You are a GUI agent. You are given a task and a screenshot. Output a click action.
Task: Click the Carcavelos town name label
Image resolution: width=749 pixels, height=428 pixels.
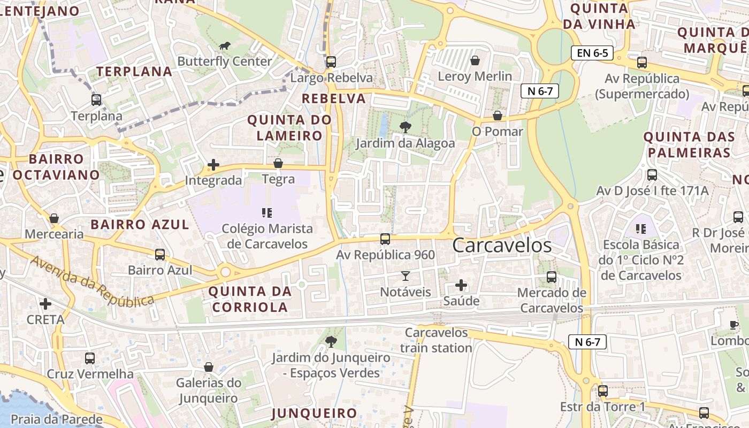[x=502, y=245]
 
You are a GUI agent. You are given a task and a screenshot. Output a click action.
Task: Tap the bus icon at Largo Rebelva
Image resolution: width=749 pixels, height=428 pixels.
[x=331, y=62]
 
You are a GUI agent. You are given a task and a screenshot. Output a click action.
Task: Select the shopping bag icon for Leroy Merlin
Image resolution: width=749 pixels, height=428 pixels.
[x=475, y=60]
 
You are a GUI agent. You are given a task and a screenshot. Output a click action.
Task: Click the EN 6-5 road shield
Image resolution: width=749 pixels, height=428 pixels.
[x=592, y=53]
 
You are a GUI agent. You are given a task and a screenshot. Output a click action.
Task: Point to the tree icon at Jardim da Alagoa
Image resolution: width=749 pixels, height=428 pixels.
[x=406, y=127]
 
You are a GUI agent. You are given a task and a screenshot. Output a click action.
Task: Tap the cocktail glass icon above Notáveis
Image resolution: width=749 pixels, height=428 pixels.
[x=405, y=276]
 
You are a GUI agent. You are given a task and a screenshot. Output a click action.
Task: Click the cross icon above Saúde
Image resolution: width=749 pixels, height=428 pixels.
[x=461, y=285]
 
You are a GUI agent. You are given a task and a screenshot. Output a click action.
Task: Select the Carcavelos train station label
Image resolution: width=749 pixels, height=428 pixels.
[x=436, y=340]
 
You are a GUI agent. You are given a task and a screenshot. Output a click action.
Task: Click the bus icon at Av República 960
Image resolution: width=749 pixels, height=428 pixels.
[x=385, y=239]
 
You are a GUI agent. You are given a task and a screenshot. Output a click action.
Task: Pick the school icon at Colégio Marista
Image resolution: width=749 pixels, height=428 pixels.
[x=267, y=213]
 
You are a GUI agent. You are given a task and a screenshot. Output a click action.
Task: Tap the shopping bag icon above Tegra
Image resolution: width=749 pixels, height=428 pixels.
[x=278, y=163]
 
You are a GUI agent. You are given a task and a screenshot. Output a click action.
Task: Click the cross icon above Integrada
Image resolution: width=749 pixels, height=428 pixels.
[x=213, y=165]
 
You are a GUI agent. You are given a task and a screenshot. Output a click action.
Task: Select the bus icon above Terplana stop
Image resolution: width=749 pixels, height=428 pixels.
[x=96, y=100]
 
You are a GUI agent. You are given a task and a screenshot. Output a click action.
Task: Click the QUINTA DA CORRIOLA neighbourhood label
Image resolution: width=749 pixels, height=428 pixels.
[x=250, y=300]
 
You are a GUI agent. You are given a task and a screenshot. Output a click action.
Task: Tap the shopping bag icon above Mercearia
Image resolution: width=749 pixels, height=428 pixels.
[x=54, y=218]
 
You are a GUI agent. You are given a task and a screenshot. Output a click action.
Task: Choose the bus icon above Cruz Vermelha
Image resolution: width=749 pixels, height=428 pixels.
[x=90, y=358]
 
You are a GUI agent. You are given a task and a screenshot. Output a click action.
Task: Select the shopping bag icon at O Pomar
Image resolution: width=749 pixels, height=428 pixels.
[x=498, y=116]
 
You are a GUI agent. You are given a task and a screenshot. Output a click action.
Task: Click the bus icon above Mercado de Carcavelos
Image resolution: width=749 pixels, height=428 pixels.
[x=552, y=277]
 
